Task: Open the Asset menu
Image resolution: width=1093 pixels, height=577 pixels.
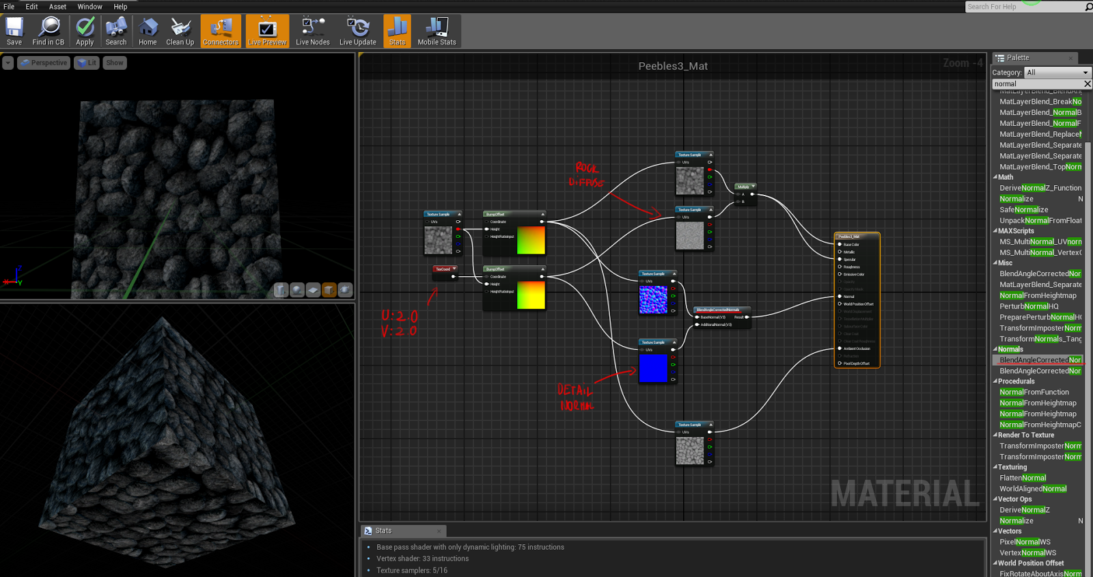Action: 57,7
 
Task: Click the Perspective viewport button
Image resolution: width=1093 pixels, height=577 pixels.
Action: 44,63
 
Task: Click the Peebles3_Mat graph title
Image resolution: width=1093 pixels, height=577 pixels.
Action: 673,66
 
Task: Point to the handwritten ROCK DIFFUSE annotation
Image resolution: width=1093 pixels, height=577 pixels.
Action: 586,175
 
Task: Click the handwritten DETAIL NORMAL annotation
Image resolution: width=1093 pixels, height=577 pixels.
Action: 575,397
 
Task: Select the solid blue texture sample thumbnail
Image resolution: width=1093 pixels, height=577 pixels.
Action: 653,368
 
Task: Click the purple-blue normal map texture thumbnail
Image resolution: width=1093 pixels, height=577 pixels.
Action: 653,299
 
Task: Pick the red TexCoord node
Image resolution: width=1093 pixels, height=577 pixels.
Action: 444,269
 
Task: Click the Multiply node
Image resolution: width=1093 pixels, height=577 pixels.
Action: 744,187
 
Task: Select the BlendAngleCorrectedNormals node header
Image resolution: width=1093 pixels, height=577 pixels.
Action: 721,310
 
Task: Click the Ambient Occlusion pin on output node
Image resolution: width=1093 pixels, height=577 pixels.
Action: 840,349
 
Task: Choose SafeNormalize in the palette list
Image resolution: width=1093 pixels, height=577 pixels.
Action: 1023,210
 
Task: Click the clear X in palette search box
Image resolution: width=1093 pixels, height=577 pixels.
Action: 1088,84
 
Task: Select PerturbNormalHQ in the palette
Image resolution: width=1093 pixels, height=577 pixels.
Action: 1029,306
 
